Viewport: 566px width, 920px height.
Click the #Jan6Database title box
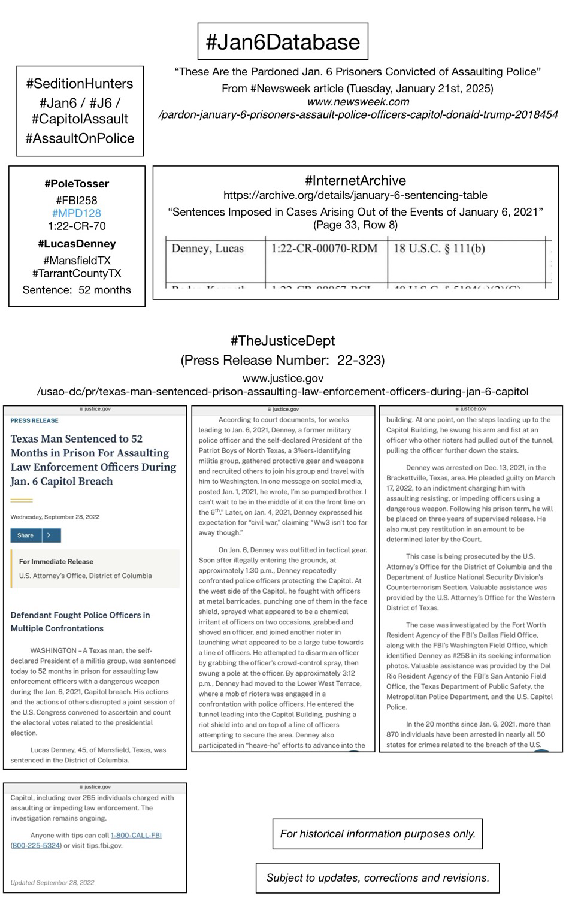283,42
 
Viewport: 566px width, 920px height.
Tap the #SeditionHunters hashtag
80,84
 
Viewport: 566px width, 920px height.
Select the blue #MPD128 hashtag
77,213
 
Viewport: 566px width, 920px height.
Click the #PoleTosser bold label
77,184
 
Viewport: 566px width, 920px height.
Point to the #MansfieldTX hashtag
77,261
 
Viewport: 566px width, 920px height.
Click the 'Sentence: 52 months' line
77,290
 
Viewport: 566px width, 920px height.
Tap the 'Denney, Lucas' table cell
208,249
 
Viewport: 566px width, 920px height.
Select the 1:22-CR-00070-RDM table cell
324,249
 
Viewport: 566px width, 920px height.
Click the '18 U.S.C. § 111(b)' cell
439,249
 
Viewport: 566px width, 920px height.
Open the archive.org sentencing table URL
355,195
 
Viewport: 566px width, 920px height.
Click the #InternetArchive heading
355,181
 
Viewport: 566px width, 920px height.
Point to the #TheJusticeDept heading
283,341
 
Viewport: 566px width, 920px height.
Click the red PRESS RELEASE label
35,420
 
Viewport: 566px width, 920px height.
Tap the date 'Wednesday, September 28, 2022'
55,517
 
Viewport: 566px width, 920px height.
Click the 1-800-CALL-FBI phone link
136,835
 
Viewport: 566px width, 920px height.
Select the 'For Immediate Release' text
56,562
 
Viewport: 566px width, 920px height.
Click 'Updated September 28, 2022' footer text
53,883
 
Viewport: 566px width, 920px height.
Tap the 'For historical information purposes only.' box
377,834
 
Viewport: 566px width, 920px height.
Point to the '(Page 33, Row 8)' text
355,225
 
